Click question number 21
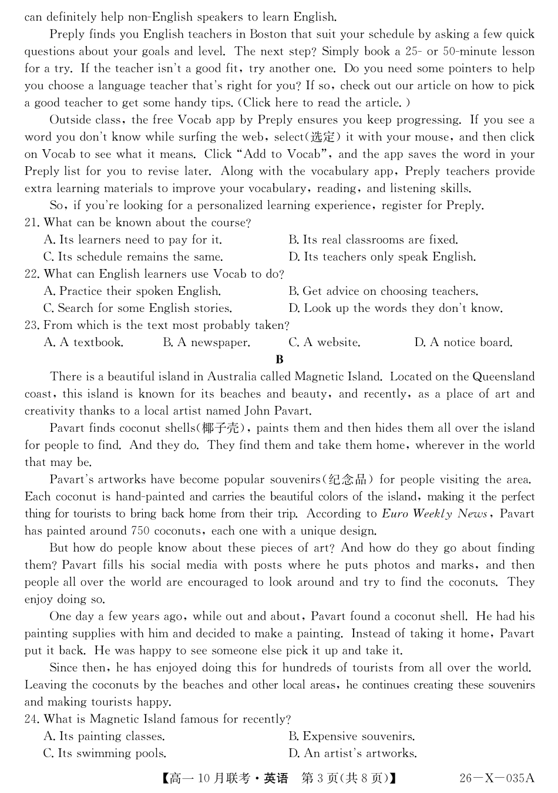click(x=33, y=223)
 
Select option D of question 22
click(x=395, y=308)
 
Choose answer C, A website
click(x=324, y=342)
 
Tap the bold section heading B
click(x=279, y=359)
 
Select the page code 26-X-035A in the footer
click(x=497, y=778)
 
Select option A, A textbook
click(x=83, y=342)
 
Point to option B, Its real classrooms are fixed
click(x=373, y=240)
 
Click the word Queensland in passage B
click(x=503, y=377)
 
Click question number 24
click(x=33, y=720)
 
